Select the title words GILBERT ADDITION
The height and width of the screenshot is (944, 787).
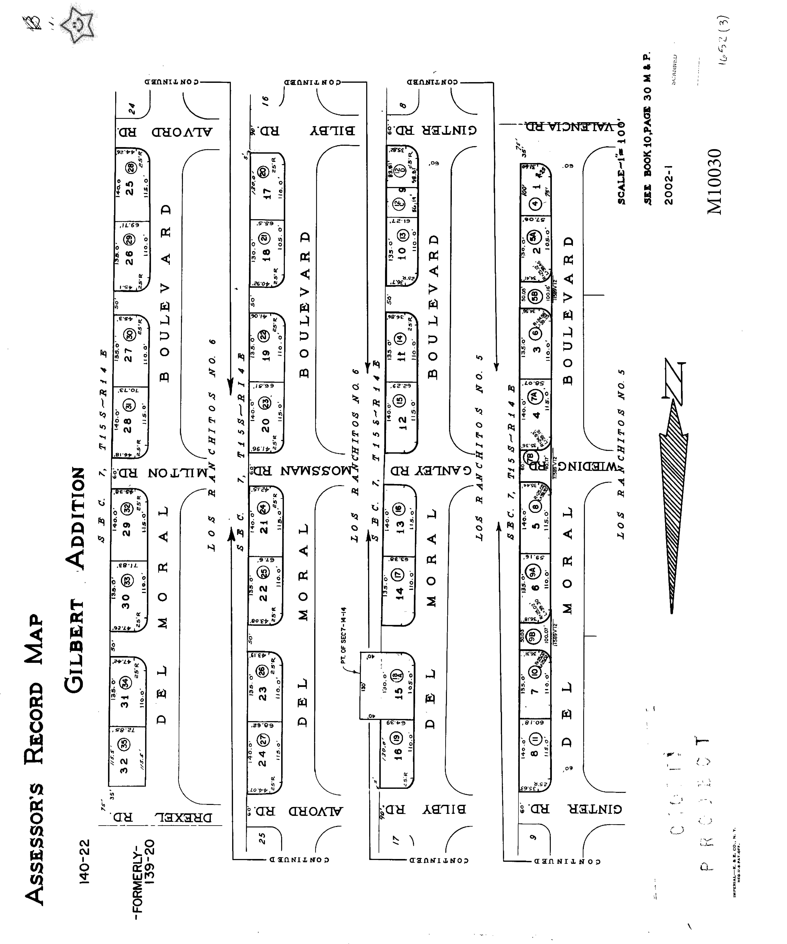click(x=75, y=580)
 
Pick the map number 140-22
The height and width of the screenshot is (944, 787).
click(x=85, y=861)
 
